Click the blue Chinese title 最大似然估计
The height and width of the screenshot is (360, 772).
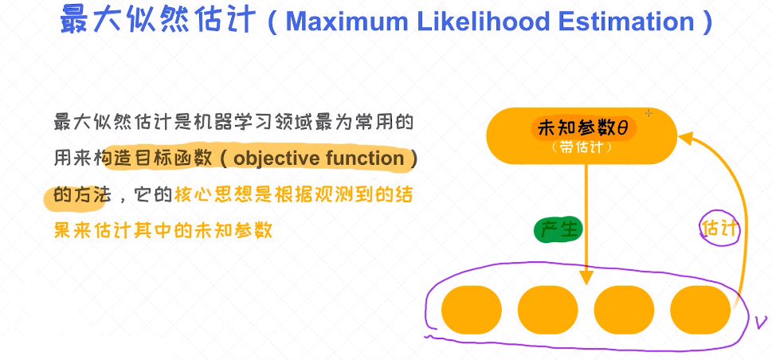click(x=158, y=20)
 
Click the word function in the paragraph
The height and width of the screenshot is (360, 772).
click(x=365, y=158)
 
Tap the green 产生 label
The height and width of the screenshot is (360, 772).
click(x=558, y=230)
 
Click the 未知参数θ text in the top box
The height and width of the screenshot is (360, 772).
click(x=583, y=129)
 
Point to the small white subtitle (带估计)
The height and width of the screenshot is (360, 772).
click(x=582, y=147)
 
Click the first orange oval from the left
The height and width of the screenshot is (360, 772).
click(x=471, y=310)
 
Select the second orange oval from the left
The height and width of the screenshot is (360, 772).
click(x=547, y=310)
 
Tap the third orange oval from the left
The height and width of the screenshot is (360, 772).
click(x=624, y=310)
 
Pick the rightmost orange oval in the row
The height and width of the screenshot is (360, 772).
click(x=700, y=310)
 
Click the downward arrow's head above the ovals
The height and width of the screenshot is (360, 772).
click(x=586, y=277)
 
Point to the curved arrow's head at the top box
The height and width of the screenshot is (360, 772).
click(x=685, y=135)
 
